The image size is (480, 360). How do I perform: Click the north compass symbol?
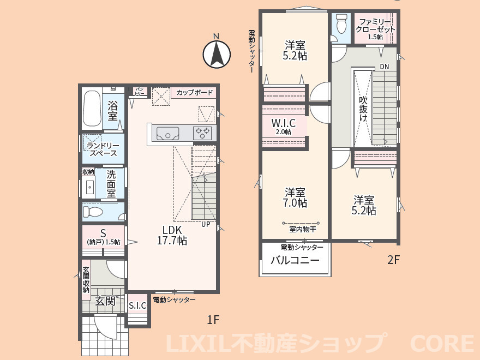(x=217, y=54)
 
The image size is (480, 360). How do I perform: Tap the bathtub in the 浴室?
(x=92, y=109)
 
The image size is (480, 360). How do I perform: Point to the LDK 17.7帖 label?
(x=172, y=235)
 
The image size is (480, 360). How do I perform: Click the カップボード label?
(x=194, y=92)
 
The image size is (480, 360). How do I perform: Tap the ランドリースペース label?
(x=103, y=149)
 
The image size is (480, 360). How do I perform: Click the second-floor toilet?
(x=341, y=23)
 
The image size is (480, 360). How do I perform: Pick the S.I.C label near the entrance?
(x=137, y=305)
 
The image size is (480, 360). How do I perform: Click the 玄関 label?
(x=105, y=301)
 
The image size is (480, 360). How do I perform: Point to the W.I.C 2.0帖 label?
(x=284, y=127)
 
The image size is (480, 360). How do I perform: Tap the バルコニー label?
(x=295, y=260)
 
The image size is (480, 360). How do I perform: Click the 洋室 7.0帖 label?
(x=295, y=197)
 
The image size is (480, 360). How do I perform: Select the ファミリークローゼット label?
(x=375, y=29)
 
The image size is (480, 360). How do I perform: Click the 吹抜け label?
(x=363, y=109)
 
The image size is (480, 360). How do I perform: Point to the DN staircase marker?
(x=385, y=67)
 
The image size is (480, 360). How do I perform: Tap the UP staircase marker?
(x=206, y=224)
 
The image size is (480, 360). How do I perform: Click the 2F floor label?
(x=394, y=260)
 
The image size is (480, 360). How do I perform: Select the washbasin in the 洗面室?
(x=89, y=186)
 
